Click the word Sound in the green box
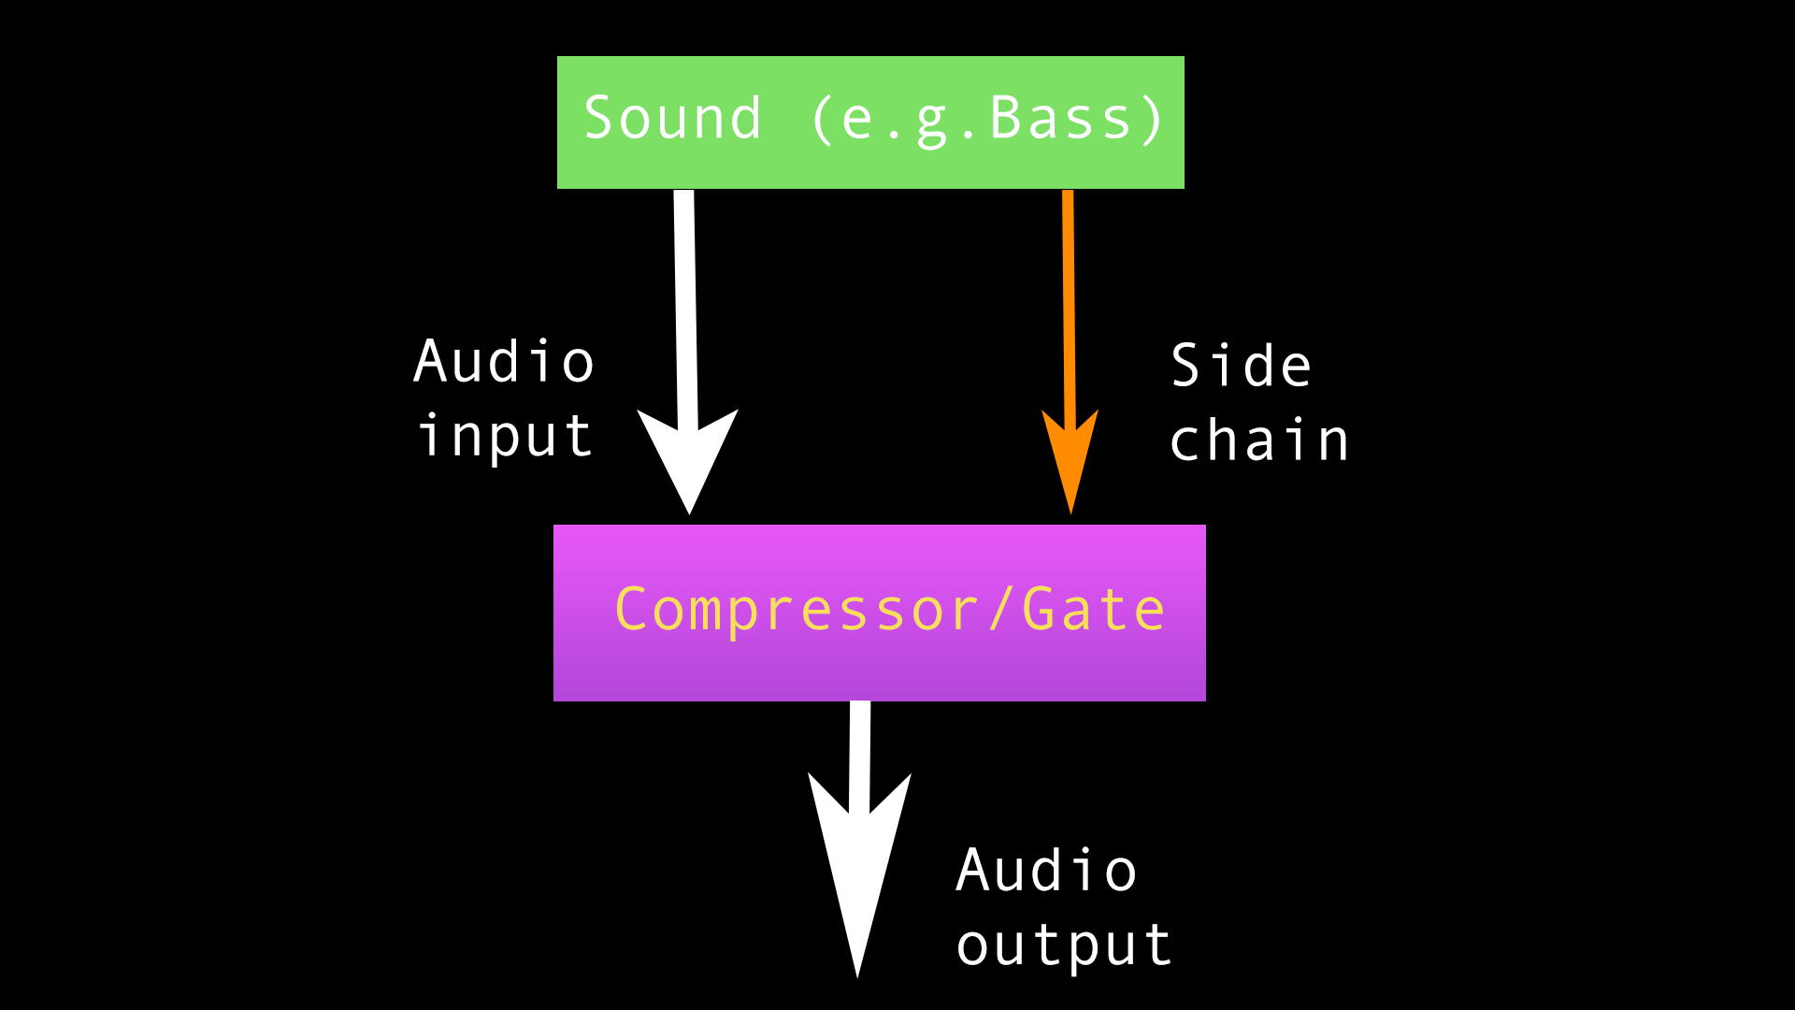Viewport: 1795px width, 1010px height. coord(672,120)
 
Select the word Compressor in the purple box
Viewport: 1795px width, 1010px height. coord(796,611)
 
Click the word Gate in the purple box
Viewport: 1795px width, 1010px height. coord(1093,611)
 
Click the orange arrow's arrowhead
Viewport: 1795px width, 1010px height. coord(1070,458)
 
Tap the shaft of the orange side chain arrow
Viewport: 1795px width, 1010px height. coord(1069,299)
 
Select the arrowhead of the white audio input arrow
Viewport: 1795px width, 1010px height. coord(688,458)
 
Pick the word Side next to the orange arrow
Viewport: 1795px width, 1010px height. coord(1241,366)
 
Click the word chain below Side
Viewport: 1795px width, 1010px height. coord(1258,440)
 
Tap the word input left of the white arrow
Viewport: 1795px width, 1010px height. coord(505,438)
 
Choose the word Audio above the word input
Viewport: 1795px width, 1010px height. coord(504,363)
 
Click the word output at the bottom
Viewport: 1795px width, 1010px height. coord(1063,946)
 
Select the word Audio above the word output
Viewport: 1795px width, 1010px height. coord(1046,872)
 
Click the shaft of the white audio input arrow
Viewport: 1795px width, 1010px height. coord(685,299)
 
